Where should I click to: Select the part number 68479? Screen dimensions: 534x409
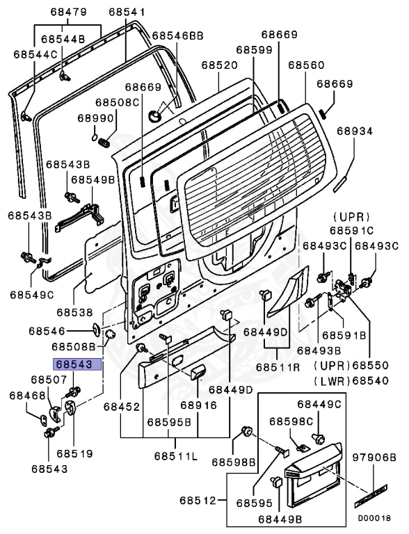pos(68,13)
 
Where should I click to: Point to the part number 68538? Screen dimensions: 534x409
pos(74,312)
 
